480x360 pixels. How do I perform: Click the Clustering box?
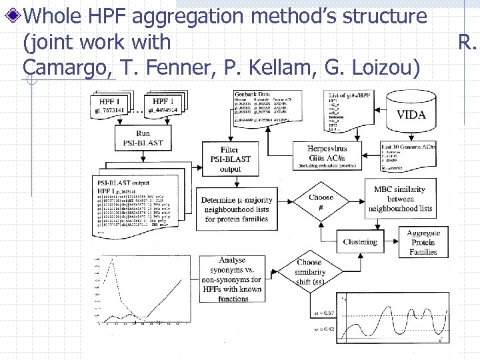[359, 242]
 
